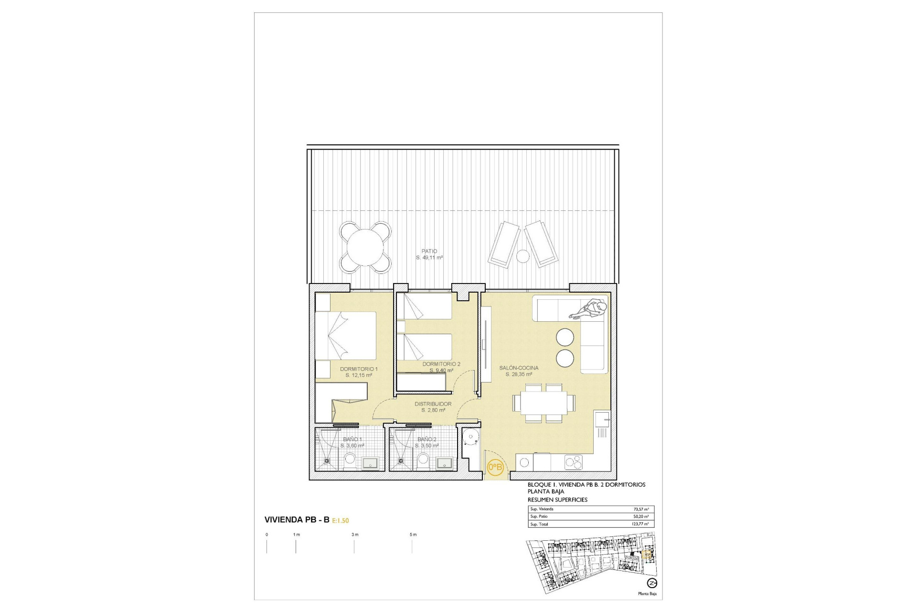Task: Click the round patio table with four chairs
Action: tap(365, 247)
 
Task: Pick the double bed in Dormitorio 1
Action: tap(346, 336)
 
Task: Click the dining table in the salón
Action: tap(544, 403)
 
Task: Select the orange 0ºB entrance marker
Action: tap(495, 467)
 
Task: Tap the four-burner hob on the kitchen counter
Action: tap(573, 462)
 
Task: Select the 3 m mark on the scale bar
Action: tap(354, 535)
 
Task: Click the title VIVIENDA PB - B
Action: tap(297, 520)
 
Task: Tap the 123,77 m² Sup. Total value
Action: tap(640, 524)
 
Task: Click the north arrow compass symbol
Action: tap(651, 583)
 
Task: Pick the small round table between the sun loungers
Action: tap(523, 257)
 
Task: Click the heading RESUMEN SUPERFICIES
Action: tap(557, 500)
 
